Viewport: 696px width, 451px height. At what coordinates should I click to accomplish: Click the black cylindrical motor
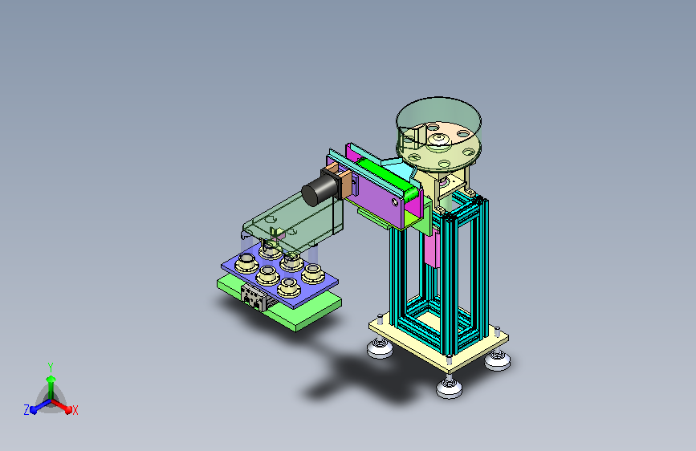[318, 190]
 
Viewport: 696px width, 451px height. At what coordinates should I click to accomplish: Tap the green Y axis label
[51, 368]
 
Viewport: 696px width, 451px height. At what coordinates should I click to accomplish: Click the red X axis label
[75, 411]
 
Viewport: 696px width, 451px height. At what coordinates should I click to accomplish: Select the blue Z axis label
[26, 410]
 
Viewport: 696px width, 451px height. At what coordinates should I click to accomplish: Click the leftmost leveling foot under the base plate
[380, 347]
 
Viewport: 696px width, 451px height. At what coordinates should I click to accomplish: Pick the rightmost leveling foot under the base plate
[497, 360]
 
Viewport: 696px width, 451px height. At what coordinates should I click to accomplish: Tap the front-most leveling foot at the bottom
[450, 387]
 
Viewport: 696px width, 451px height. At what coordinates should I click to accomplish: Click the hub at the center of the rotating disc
[438, 139]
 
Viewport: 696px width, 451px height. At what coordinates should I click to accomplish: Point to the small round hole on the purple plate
[395, 202]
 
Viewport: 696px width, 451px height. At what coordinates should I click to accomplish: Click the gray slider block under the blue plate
[254, 297]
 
